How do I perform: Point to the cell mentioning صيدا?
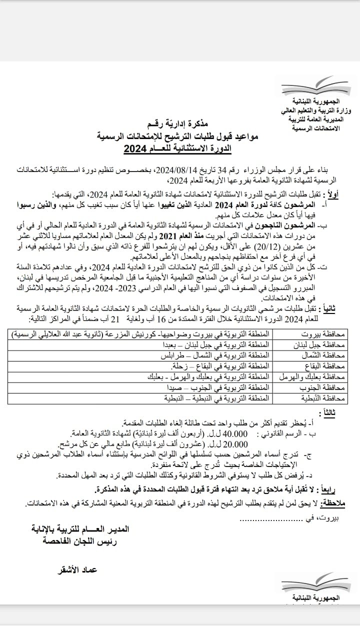pyautogui.click(x=218, y=387)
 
